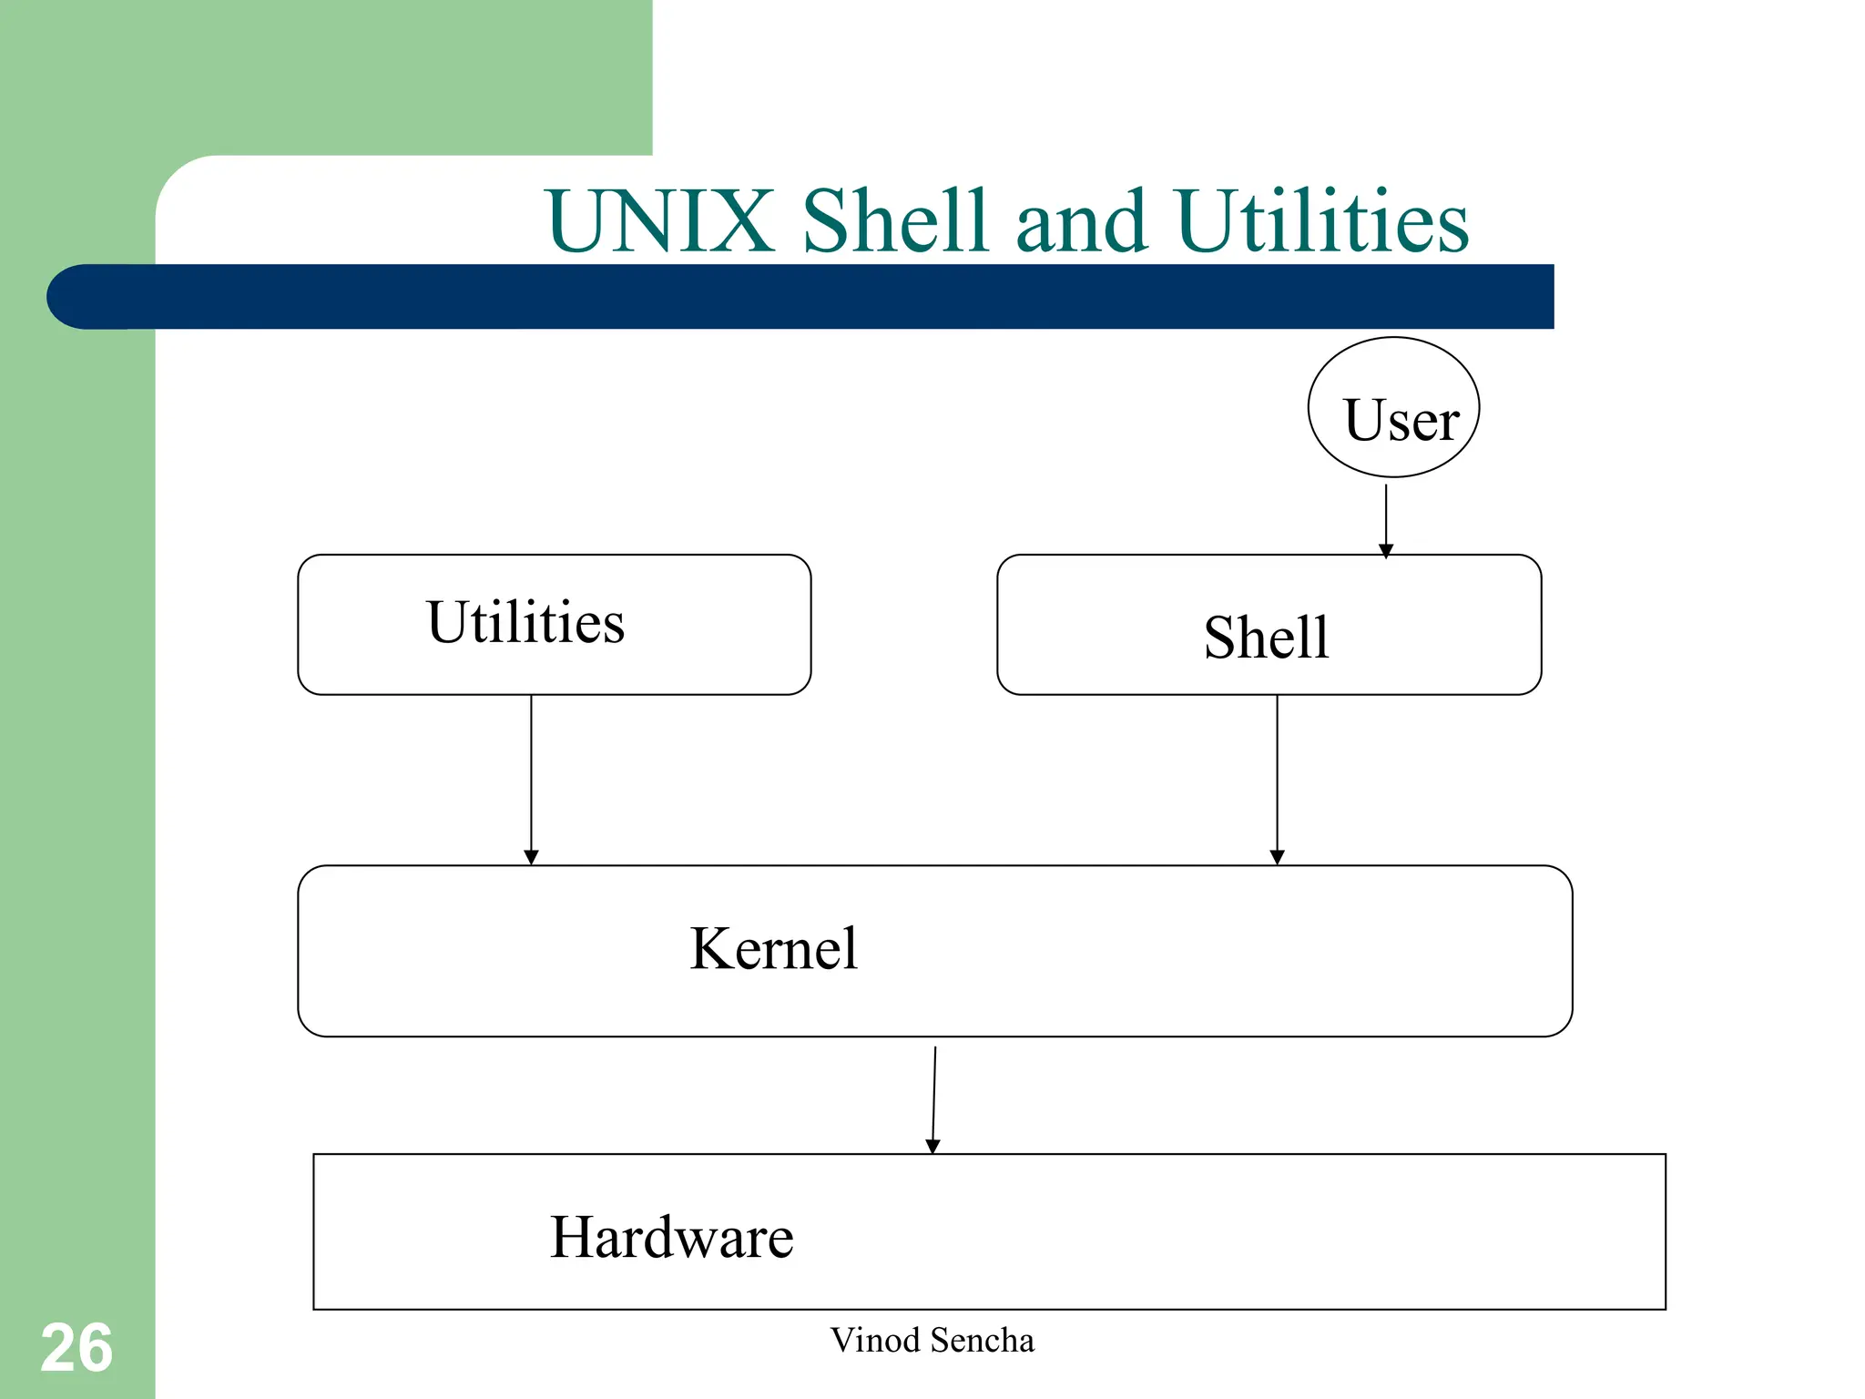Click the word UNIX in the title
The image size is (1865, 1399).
659,221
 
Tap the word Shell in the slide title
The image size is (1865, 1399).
894,221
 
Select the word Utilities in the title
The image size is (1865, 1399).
1322,221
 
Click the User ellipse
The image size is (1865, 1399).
1393,408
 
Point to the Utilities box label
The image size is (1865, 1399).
525,623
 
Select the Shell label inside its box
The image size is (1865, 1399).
1266,638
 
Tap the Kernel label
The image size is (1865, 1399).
773,949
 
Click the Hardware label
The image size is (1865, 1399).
671,1238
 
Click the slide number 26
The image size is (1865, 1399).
76,1349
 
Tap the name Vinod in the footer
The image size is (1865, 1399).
874,1341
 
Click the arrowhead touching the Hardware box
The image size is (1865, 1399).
932,1147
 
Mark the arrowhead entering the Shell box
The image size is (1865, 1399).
1386,550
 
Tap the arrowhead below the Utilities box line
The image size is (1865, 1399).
531,857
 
